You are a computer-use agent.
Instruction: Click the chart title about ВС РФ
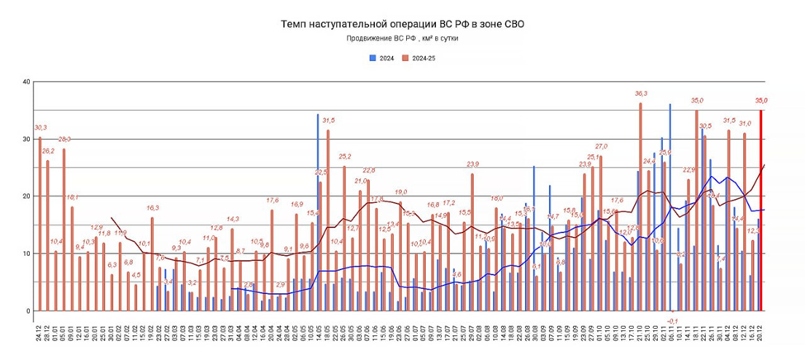(x=402, y=25)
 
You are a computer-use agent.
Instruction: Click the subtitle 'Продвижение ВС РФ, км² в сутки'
(x=402, y=39)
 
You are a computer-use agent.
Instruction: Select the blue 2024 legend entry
(x=381, y=58)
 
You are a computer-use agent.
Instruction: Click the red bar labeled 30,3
(x=40, y=223)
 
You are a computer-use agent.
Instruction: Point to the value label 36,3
(x=641, y=94)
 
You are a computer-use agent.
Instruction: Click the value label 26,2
(x=48, y=152)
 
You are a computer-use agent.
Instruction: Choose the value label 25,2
(x=344, y=157)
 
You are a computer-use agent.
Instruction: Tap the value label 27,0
(x=601, y=146)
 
